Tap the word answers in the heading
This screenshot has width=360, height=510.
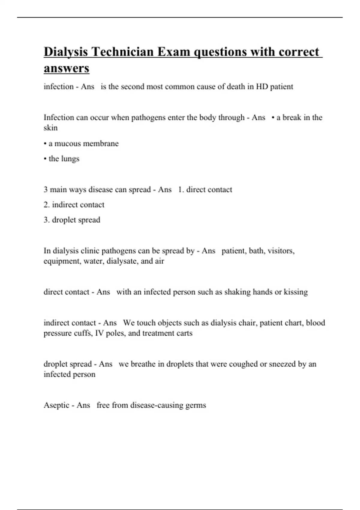pos(66,68)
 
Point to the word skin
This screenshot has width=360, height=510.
pos(50,128)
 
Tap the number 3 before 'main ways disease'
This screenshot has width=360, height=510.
pos(46,190)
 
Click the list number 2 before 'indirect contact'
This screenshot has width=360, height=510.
pos(46,205)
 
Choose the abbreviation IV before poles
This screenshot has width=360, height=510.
pos(99,333)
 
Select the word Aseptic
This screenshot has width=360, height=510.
pos(57,405)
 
